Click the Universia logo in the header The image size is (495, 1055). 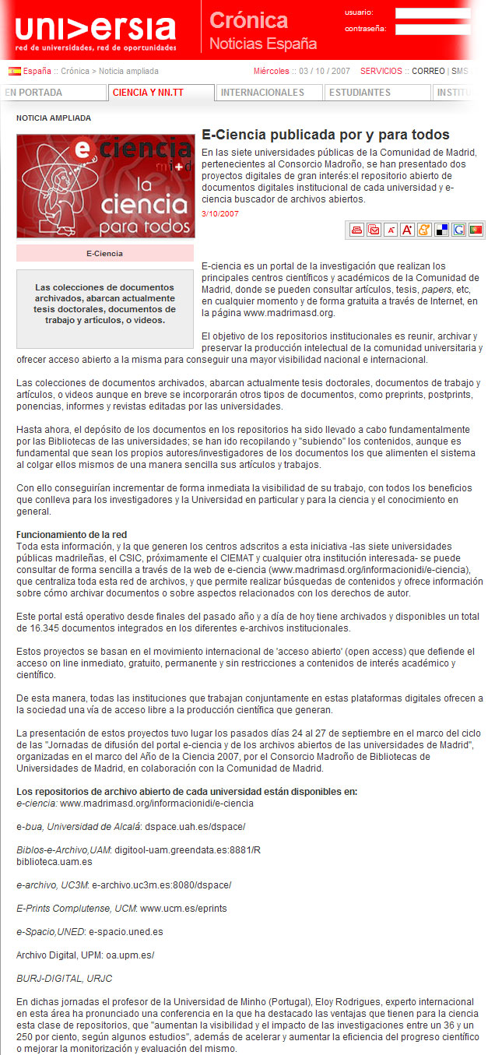click(95, 30)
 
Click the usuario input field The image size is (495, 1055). click(432, 13)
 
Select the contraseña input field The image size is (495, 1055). click(432, 30)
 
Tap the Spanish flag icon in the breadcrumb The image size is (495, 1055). click(15, 71)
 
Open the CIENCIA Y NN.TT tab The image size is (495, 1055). click(148, 93)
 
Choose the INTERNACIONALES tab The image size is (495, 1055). click(262, 93)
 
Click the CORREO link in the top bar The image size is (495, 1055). click(428, 71)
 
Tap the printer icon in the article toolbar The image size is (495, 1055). click(356, 229)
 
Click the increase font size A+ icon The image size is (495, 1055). click(407, 229)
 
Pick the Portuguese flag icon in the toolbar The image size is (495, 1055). click(476, 229)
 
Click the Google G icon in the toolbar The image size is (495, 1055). click(458, 229)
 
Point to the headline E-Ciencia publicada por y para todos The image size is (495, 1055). click(325, 135)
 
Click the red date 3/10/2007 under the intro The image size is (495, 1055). click(220, 213)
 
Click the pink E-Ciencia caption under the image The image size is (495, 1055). click(104, 253)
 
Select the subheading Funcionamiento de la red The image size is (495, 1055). click(72, 535)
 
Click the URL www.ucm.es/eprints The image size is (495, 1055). click(183, 908)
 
